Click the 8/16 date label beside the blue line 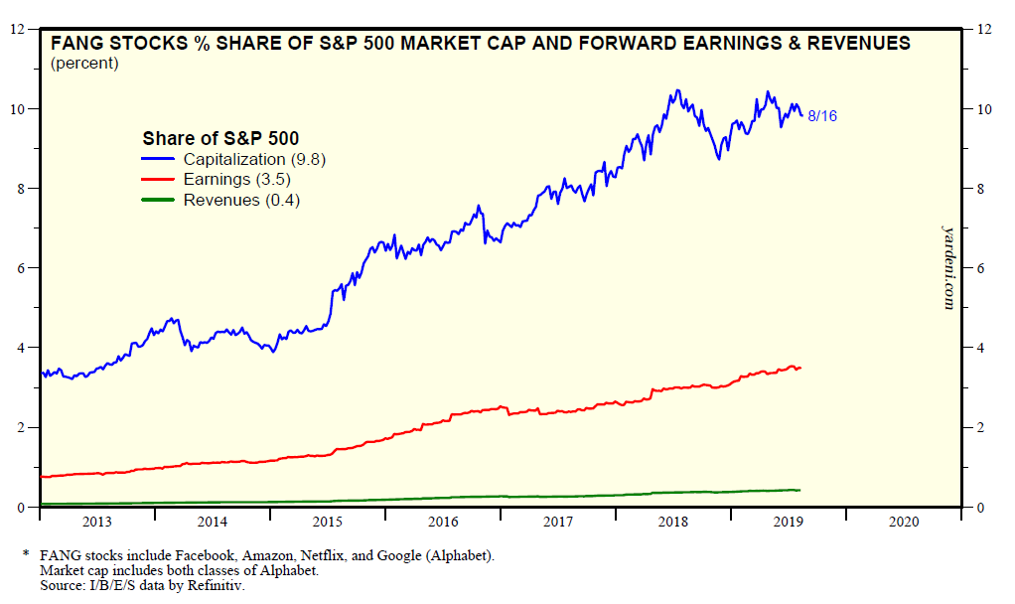[x=822, y=116]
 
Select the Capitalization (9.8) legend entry [x=254, y=159]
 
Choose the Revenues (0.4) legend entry [x=241, y=200]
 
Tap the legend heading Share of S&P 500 [x=220, y=138]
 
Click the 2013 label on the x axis [x=97, y=522]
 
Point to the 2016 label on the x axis [x=443, y=522]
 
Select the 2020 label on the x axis [x=904, y=522]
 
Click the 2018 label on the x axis [x=673, y=522]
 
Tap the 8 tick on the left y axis [x=18, y=189]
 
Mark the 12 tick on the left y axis [x=16, y=29]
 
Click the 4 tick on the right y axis [x=984, y=348]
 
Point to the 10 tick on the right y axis [x=986, y=109]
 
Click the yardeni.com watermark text [x=947, y=265]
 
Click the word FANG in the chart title [x=74, y=44]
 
